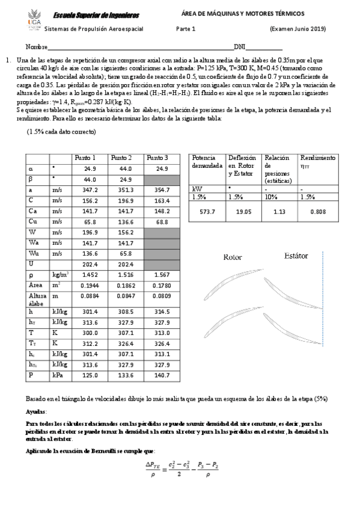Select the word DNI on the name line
(239, 47)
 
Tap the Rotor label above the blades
(233, 258)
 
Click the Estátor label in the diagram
(296, 256)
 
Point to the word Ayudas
(36, 412)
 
